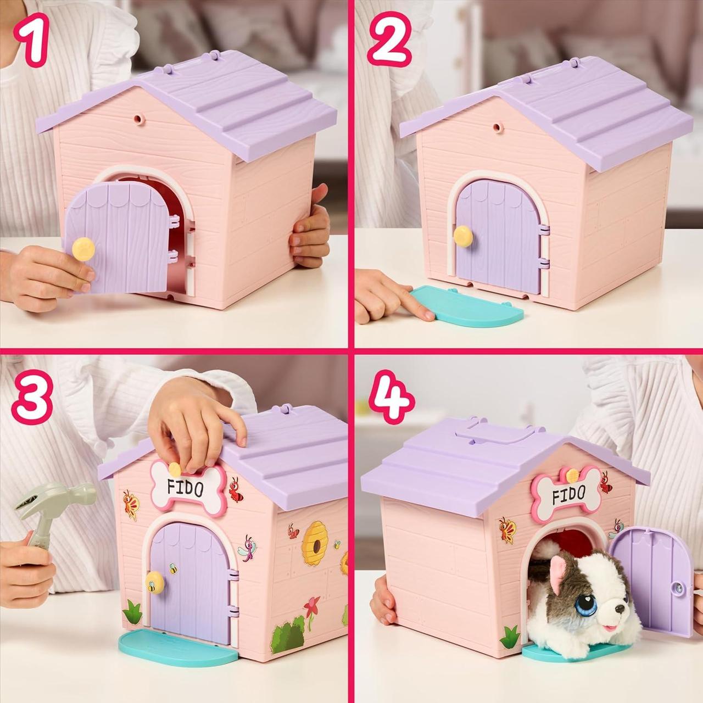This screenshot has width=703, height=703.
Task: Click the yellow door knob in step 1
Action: (83, 248)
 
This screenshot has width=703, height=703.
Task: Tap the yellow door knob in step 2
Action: (464, 236)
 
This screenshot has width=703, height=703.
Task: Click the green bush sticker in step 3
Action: (289, 635)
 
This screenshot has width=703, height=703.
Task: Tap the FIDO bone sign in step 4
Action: (568, 494)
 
